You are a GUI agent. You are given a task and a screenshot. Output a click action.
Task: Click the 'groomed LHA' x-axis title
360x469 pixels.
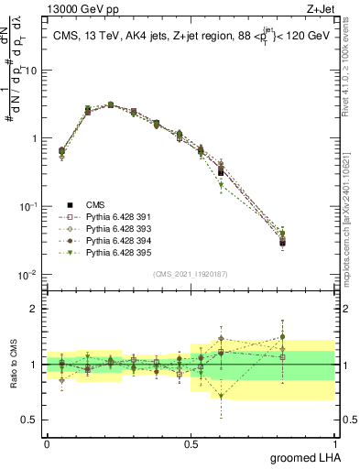point(301,457)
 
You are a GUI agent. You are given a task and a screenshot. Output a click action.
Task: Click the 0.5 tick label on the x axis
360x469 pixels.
point(190,442)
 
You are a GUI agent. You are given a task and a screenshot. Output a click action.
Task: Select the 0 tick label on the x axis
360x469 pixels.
point(47,442)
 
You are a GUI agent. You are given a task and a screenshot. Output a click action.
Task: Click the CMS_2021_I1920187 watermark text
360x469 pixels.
point(190,274)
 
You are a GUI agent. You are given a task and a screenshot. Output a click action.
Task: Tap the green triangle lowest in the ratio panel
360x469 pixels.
point(221,397)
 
